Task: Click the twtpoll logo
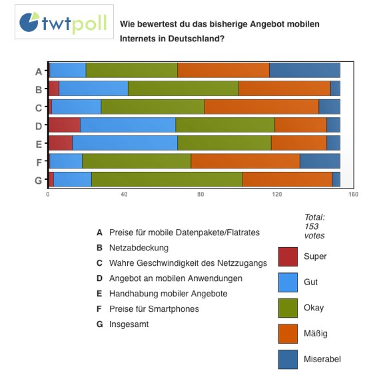(x=64, y=22)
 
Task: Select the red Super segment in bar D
(x=65, y=125)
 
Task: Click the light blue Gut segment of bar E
(x=125, y=143)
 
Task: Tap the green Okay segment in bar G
(x=167, y=179)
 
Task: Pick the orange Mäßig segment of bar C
(x=262, y=107)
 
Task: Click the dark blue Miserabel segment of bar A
(x=305, y=70)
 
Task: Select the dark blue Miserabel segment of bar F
(x=320, y=161)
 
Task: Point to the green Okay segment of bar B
(x=183, y=89)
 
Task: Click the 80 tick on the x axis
(x=200, y=194)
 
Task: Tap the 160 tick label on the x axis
(x=353, y=194)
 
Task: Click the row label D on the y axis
(x=39, y=126)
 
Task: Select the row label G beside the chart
(x=39, y=181)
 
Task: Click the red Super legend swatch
(x=288, y=256)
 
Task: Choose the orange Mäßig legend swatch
(x=288, y=334)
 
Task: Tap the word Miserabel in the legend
(x=322, y=359)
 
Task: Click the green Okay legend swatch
(x=288, y=308)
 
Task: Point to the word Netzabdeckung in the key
(x=139, y=248)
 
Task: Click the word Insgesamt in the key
(x=129, y=324)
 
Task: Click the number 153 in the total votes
(x=312, y=226)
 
